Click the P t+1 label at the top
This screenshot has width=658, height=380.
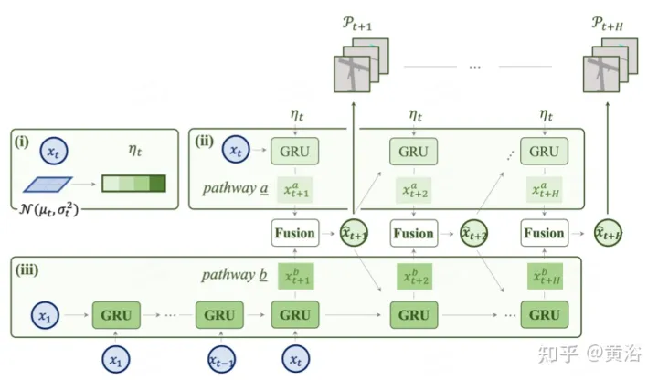[x=354, y=22]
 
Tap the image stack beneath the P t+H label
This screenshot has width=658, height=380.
[x=607, y=68]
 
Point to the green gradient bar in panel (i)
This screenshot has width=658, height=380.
[x=133, y=185]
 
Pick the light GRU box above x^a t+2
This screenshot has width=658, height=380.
[x=412, y=151]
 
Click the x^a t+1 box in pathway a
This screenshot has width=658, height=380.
[x=295, y=189]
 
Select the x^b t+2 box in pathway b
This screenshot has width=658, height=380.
[x=412, y=276]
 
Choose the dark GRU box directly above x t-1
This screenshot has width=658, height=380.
[x=219, y=315]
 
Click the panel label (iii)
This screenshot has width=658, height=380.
[x=27, y=270]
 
